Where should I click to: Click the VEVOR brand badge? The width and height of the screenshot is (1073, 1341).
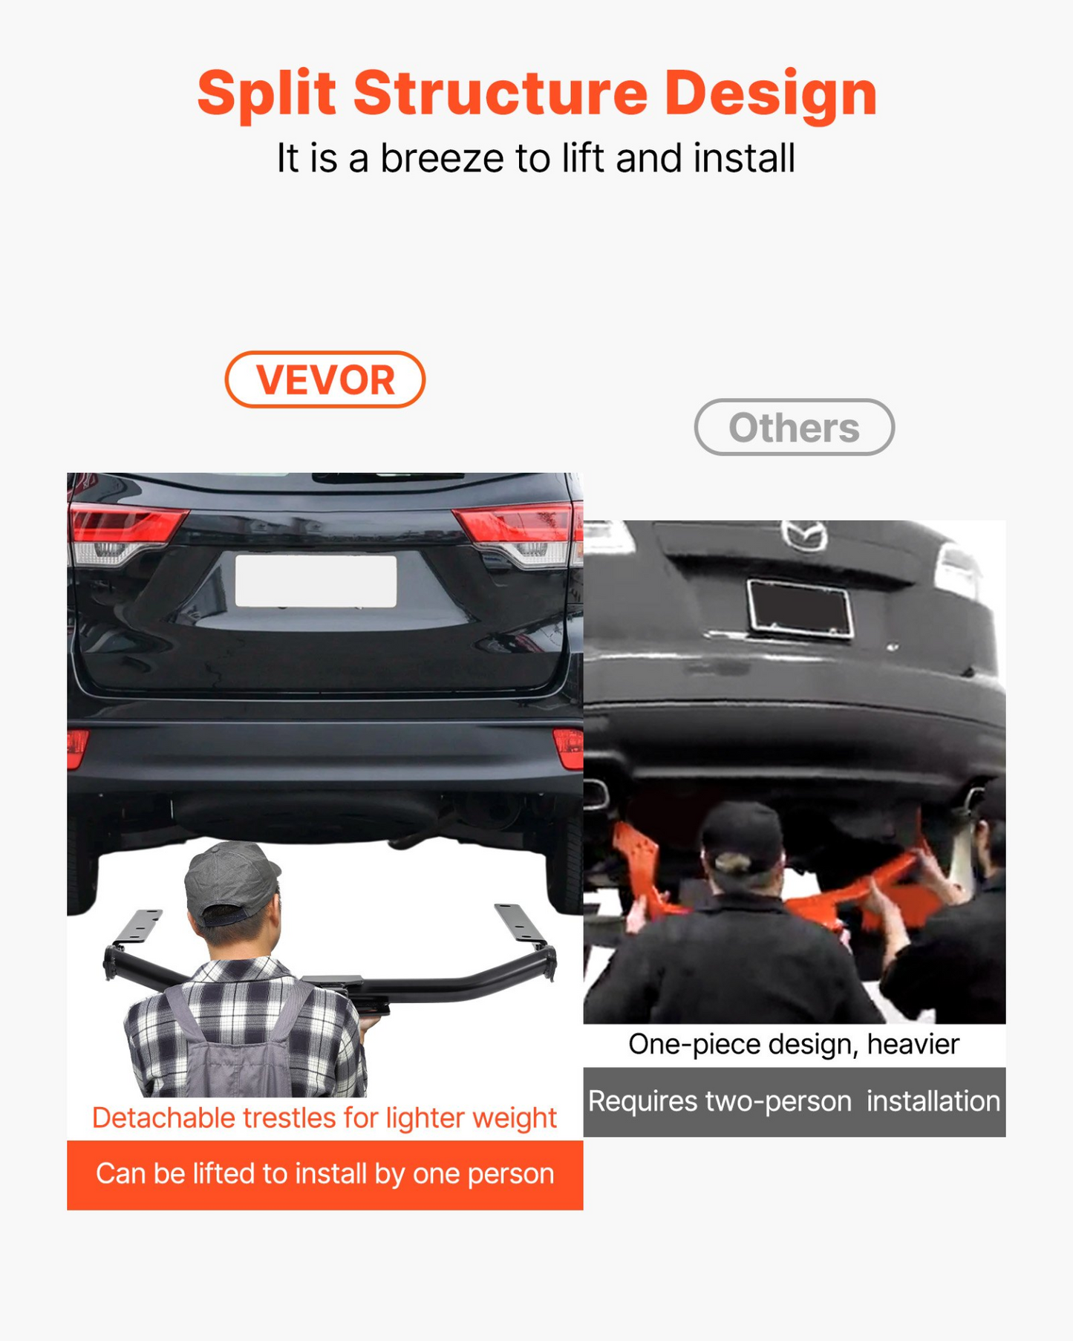pyautogui.click(x=324, y=379)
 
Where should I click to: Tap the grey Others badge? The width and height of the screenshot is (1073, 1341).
pyautogui.click(x=794, y=427)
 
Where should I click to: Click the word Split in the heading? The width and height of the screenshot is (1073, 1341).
pyautogui.click(x=267, y=94)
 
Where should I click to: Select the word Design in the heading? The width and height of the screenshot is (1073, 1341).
pyautogui.click(x=771, y=94)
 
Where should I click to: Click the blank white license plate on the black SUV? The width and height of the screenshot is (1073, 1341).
pyautogui.click(x=316, y=581)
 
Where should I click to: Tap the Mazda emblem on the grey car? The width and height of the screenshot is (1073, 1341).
pyautogui.click(x=804, y=535)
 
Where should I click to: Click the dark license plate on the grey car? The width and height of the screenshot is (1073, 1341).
pyautogui.click(x=800, y=609)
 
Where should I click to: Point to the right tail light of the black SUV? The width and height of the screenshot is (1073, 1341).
pyautogui.click(x=519, y=533)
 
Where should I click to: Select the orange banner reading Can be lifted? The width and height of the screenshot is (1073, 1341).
pyautogui.click(x=324, y=1175)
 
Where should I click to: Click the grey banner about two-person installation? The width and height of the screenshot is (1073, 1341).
pyautogui.click(x=794, y=1102)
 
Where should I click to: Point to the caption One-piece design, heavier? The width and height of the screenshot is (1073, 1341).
pyautogui.click(x=794, y=1044)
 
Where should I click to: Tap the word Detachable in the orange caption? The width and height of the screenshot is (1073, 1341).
pyautogui.click(x=163, y=1117)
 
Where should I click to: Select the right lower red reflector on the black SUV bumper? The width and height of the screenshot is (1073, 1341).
pyautogui.click(x=569, y=748)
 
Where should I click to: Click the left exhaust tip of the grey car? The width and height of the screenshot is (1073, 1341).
pyautogui.click(x=596, y=794)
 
